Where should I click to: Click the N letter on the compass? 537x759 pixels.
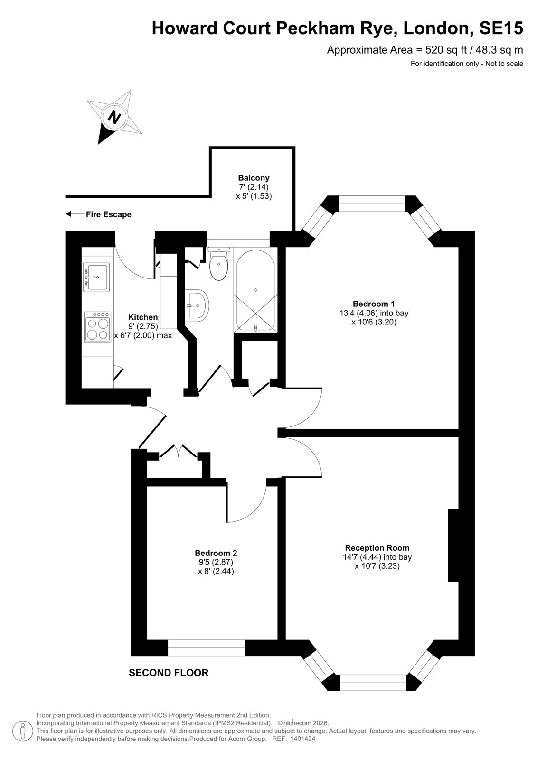point(114,117)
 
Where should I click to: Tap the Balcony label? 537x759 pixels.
point(254,178)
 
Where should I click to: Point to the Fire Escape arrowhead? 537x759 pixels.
point(68,214)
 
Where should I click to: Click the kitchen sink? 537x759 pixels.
point(96,277)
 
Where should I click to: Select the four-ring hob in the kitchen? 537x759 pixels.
point(98,327)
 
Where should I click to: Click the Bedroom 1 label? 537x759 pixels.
point(374,304)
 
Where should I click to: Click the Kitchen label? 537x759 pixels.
point(143,317)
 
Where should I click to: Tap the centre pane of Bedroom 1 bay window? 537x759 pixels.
point(372,204)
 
